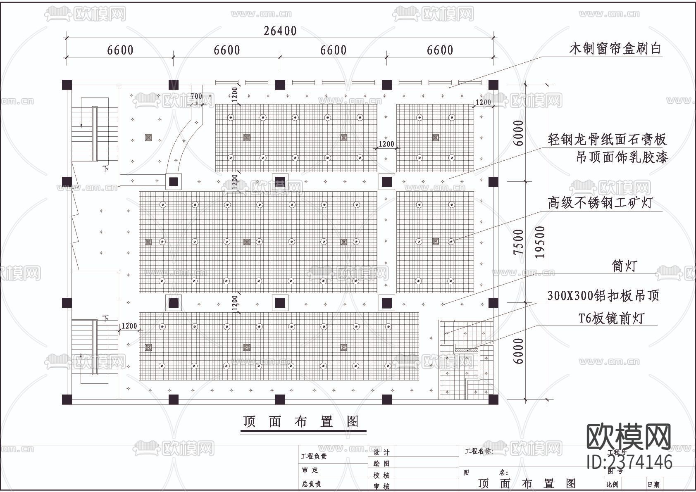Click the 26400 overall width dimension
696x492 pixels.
click(x=280, y=31)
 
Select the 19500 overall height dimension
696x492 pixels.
click(x=540, y=242)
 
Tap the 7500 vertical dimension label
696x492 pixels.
click(x=519, y=242)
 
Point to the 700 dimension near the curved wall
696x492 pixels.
click(x=196, y=96)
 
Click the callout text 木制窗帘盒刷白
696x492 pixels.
click(x=615, y=49)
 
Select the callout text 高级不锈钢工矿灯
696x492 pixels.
click(x=600, y=202)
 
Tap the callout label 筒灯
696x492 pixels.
click(x=624, y=266)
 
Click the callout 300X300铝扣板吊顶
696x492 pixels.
click(x=603, y=295)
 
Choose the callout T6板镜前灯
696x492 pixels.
click(x=611, y=318)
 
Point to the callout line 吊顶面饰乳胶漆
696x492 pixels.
click(x=622, y=157)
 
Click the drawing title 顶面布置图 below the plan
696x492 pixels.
click(x=301, y=421)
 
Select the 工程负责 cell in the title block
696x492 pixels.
click(x=314, y=456)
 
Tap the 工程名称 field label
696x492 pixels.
click(x=479, y=451)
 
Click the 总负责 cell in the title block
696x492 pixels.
click(x=312, y=484)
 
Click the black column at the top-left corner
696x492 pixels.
click(x=67, y=85)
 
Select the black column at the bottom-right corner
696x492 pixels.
click(x=493, y=399)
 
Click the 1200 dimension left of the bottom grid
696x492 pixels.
click(x=129, y=326)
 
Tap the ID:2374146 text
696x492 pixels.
click(x=629, y=462)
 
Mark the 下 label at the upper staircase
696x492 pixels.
click(x=106, y=169)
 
